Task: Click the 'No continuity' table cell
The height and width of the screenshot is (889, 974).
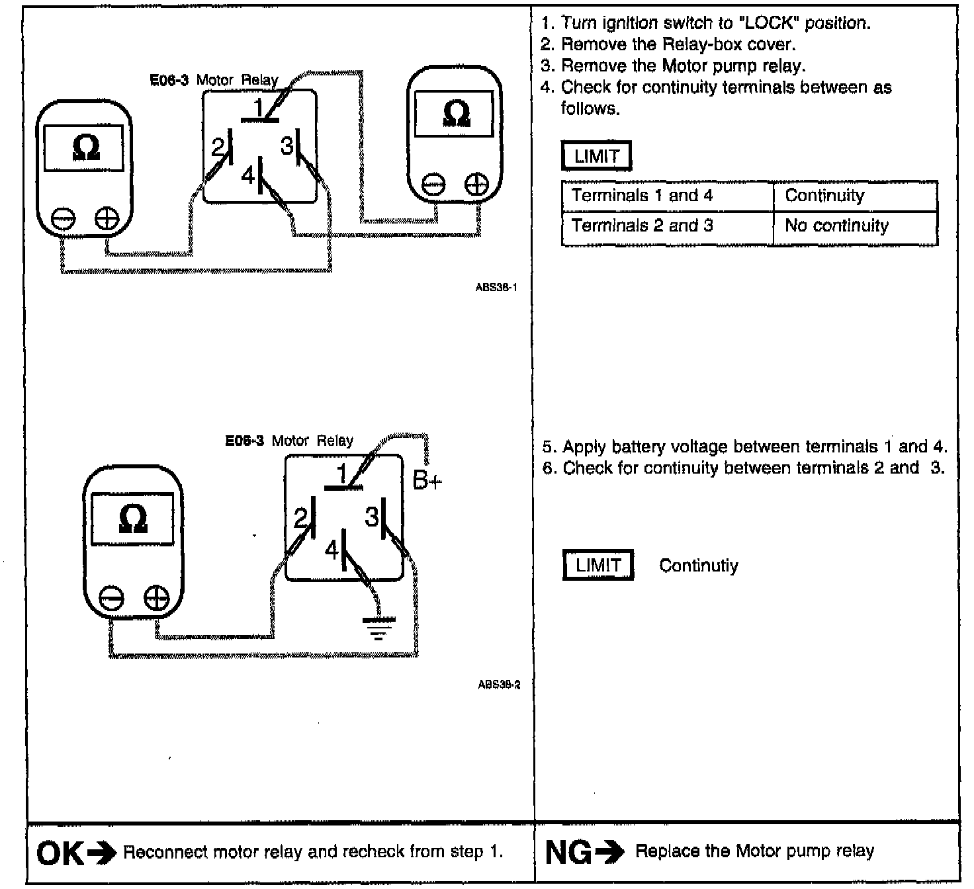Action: tap(836, 226)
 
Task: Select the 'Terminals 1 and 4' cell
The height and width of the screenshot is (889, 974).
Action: tap(642, 196)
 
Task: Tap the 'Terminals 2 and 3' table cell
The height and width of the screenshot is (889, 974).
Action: tap(642, 226)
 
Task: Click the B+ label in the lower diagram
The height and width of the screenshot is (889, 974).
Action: tap(427, 480)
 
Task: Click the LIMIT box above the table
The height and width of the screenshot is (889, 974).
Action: tap(596, 157)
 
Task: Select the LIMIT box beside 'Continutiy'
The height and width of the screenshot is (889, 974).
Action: tap(598, 566)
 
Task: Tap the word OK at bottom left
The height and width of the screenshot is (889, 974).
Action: tap(60, 853)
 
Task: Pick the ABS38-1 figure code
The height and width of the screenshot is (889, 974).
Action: tap(496, 288)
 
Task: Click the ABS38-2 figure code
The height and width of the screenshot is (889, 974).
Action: tap(499, 685)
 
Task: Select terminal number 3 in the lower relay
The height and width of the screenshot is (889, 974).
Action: tap(372, 517)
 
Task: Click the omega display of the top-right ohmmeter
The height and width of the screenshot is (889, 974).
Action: tap(455, 114)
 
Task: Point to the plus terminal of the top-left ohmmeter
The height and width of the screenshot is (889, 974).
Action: tap(107, 218)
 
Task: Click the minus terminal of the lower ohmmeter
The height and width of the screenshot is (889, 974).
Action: tap(111, 599)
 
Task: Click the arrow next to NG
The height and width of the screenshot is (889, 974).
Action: tap(609, 853)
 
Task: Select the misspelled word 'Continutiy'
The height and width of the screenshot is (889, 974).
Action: tap(698, 566)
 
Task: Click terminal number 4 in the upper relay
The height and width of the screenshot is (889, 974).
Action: tap(248, 176)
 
